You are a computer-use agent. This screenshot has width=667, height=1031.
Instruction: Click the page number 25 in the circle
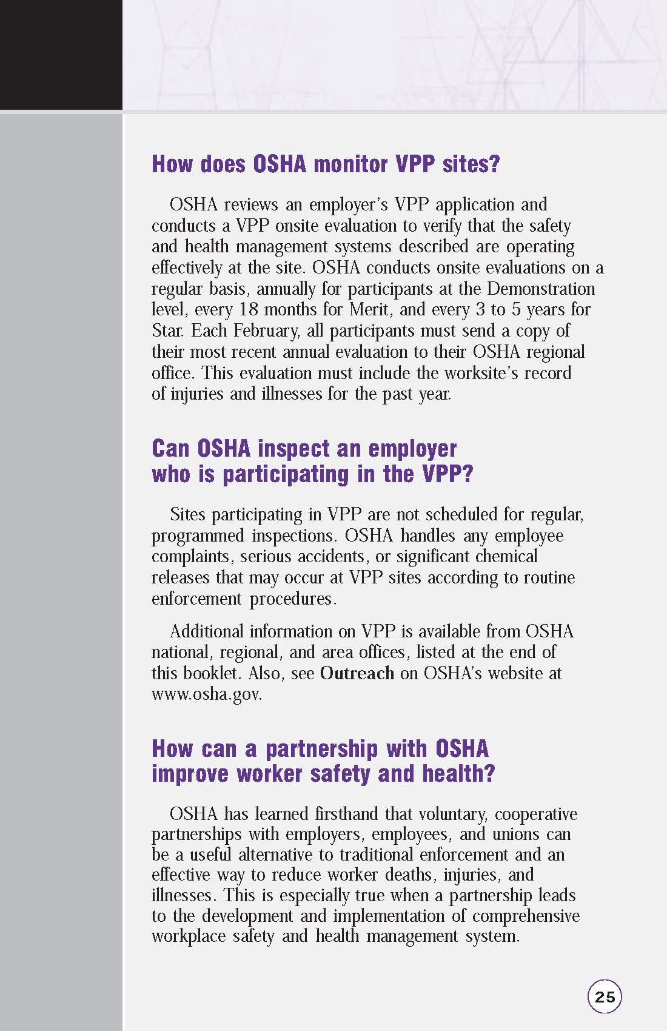(x=605, y=996)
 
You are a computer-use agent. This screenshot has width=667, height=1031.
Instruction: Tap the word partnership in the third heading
(x=321, y=748)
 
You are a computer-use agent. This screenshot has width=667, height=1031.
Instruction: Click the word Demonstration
(x=541, y=289)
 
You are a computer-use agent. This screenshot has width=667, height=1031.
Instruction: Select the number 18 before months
(x=248, y=309)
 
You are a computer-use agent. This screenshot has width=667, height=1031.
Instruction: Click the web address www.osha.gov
(x=207, y=694)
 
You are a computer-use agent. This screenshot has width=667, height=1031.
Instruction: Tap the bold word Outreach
(x=357, y=673)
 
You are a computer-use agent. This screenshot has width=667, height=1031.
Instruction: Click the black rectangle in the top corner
(x=61, y=55)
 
